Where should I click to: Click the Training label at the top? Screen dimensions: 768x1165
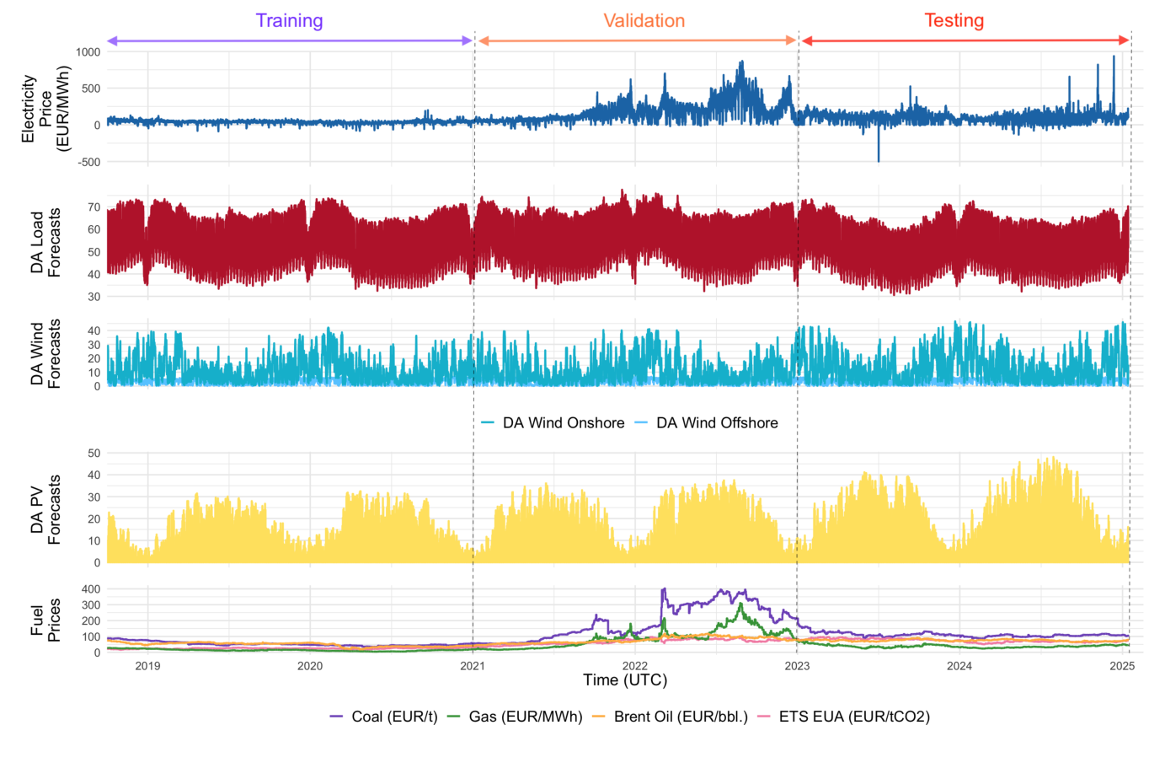[x=289, y=21]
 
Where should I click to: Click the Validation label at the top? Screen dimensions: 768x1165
[x=644, y=21]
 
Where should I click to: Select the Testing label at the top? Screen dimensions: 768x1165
[x=954, y=21]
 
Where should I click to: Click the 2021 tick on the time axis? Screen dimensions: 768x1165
[x=473, y=666]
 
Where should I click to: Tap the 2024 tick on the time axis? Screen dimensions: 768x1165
[x=959, y=666]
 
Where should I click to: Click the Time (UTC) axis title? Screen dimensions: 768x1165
[x=625, y=680]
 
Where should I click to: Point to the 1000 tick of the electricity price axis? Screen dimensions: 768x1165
[x=88, y=52]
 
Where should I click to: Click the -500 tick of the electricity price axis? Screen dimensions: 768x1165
[x=89, y=162]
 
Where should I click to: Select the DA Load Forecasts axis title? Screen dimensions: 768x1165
[x=45, y=242]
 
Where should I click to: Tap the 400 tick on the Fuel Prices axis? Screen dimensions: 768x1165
[x=90, y=589]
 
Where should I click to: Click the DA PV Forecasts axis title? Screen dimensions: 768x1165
[x=45, y=509]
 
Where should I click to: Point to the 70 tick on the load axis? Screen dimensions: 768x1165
[x=93, y=207]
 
